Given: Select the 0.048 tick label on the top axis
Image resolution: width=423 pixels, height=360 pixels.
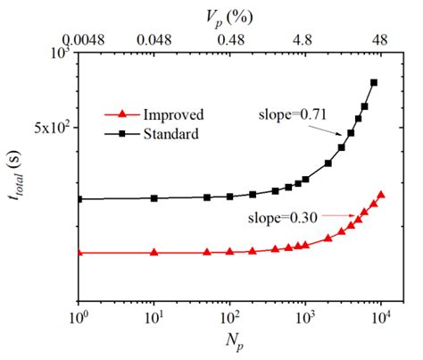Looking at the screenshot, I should (153, 38).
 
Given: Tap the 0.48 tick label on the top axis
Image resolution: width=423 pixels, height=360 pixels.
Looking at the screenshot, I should (230, 38).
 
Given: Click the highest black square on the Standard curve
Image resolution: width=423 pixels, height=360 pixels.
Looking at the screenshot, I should (374, 82).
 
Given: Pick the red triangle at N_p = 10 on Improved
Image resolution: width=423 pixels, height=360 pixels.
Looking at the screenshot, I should (154, 253).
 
